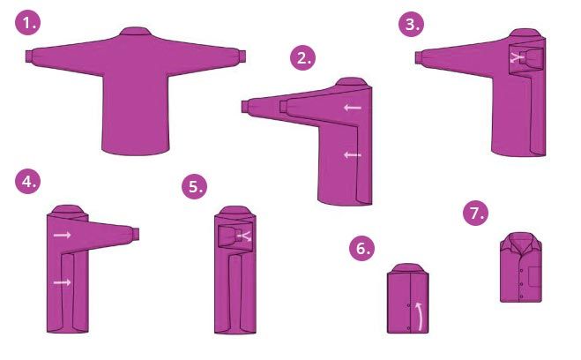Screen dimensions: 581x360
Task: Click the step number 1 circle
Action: click(x=28, y=23)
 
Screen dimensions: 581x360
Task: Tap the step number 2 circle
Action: click(x=302, y=57)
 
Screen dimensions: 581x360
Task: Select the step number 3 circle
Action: click(x=412, y=24)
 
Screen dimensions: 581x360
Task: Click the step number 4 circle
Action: click(x=28, y=181)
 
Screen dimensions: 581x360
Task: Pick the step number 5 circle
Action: click(x=195, y=186)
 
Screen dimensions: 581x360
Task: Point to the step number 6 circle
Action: click(x=362, y=248)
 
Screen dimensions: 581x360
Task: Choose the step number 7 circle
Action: click(x=476, y=213)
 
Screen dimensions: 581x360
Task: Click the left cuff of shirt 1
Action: click(x=29, y=56)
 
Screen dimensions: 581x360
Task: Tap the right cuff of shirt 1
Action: click(x=242, y=56)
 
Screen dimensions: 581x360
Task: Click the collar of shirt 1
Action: click(x=135, y=31)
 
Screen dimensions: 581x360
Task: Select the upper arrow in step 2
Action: click(x=353, y=108)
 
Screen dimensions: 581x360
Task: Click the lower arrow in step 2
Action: click(x=353, y=155)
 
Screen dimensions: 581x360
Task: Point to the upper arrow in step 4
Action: click(x=62, y=235)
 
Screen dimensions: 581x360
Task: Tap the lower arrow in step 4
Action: click(x=62, y=282)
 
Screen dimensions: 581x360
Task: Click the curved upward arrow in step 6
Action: click(x=420, y=316)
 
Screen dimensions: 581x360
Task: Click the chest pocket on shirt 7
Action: click(x=534, y=276)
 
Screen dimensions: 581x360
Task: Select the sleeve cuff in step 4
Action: click(x=135, y=234)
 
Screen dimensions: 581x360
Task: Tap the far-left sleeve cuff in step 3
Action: click(x=418, y=58)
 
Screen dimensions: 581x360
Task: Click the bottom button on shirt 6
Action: click(x=409, y=328)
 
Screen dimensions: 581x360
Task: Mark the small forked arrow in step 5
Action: click(x=245, y=236)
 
